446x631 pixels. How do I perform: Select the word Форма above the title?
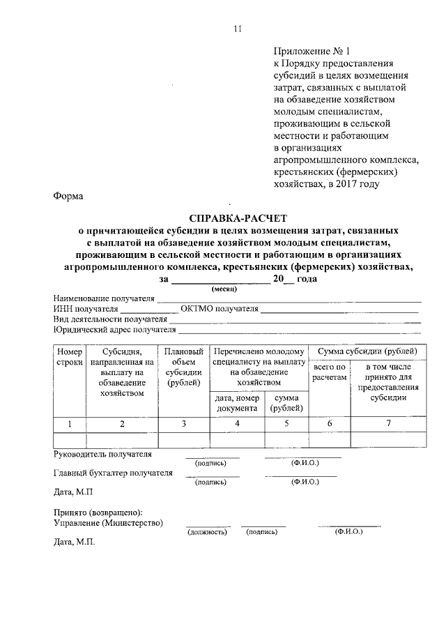(68, 196)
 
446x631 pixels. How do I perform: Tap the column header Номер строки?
(70, 357)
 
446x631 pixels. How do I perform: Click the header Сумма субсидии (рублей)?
(367, 351)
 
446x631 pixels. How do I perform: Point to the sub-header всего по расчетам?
(329, 372)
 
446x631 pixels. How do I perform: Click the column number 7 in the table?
(388, 423)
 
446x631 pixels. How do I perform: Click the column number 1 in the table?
(69, 423)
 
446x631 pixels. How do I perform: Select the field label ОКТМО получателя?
(219, 307)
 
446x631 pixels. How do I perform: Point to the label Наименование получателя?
(104, 297)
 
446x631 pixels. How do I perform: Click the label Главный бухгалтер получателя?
(113, 472)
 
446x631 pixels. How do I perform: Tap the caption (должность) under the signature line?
(207, 532)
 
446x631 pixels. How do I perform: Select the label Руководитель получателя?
(102, 454)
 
